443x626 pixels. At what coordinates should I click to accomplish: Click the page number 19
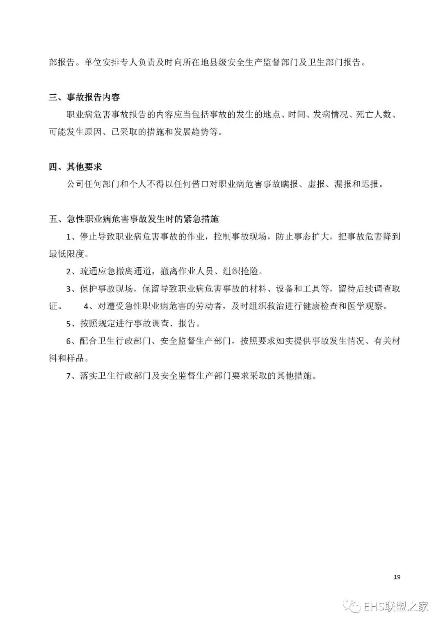[397, 577]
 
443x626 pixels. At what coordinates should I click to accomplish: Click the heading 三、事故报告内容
[84, 98]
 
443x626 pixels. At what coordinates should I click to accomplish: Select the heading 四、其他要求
[75, 167]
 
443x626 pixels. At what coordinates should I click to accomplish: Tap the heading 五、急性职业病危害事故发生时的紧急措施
[134, 219]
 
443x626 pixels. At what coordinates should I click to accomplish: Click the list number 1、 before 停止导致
[71, 237]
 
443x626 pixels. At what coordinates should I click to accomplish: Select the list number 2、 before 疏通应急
[71, 271]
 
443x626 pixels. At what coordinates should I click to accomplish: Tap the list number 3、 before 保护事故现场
[71, 289]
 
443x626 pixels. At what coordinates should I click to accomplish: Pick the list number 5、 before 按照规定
[71, 323]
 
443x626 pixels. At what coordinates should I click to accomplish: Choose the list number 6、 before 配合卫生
[71, 341]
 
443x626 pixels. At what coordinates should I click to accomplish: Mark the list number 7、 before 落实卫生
[71, 376]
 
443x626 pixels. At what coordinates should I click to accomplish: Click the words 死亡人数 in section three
[373, 115]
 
